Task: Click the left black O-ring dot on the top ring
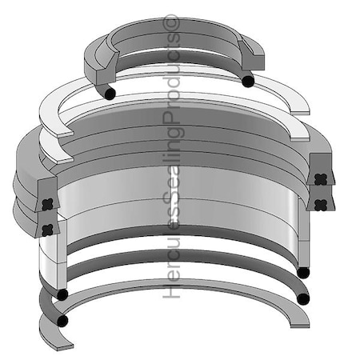(110, 94)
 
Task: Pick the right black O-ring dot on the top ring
(248, 81)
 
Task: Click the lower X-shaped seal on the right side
(322, 201)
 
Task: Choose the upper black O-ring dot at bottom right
(303, 272)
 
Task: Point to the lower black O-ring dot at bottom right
(302, 299)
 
